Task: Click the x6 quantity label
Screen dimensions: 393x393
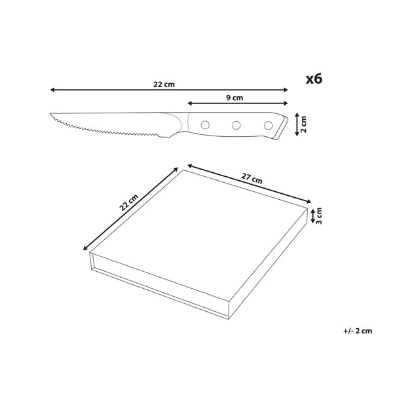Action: point(314,79)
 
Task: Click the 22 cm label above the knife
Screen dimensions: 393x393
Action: point(164,84)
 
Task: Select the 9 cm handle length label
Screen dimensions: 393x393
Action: point(234,98)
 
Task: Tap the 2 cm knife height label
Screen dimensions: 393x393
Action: point(303,124)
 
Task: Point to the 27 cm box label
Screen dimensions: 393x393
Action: point(252,178)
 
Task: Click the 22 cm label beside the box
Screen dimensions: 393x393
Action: point(128,202)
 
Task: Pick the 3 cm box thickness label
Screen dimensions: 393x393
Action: point(319,216)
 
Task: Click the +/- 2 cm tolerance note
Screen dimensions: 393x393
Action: point(358,331)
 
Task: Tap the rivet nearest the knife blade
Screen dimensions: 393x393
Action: point(205,125)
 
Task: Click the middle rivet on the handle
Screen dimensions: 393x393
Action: point(236,125)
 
